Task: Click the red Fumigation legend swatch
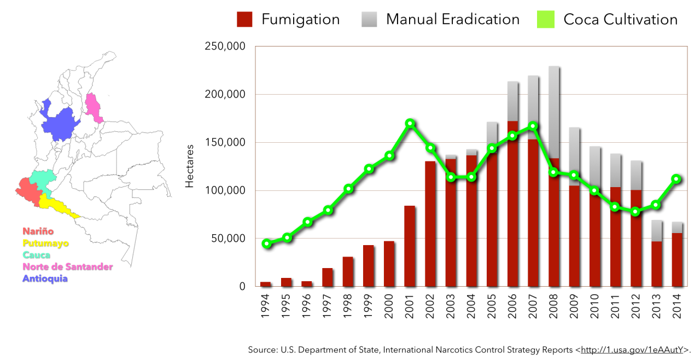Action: tap(244, 20)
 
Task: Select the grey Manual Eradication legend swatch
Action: tap(369, 20)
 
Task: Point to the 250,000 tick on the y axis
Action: tap(225, 47)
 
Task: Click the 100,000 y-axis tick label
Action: tap(225, 190)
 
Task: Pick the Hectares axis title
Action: tap(190, 166)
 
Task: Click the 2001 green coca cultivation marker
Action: tap(410, 124)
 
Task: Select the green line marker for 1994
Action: tap(266, 243)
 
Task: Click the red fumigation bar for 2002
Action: tap(430, 224)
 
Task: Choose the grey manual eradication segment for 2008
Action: tap(554, 112)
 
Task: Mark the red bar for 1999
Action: tap(369, 266)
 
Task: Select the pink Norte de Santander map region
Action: tap(94, 107)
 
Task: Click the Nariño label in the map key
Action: tap(38, 231)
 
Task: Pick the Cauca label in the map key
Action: tap(36, 255)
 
